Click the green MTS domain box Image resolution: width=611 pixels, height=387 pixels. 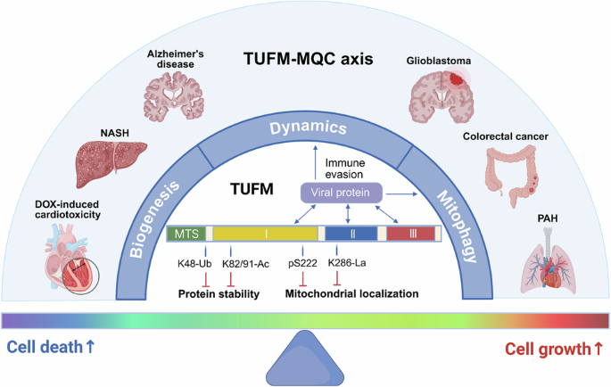(186, 234)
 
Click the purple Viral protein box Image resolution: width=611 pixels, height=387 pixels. (343, 193)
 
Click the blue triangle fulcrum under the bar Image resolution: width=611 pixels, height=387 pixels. (305, 357)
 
